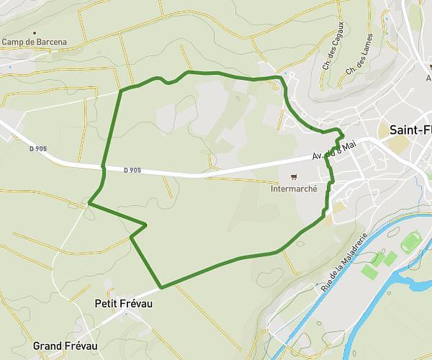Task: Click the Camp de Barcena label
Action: [x=34, y=42]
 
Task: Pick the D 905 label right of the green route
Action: [x=132, y=171]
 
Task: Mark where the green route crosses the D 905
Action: [x=104, y=168]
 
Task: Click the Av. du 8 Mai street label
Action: [x=334, y=150]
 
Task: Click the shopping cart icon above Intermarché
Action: [x=293, y=177]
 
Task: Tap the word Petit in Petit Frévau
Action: [x=107, y=304]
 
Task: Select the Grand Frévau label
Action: [x=65, y=346]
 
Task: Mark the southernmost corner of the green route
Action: [x=161, y=287]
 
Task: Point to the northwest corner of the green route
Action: [x=120, y=90]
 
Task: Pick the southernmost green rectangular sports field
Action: [x=369, y=272]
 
